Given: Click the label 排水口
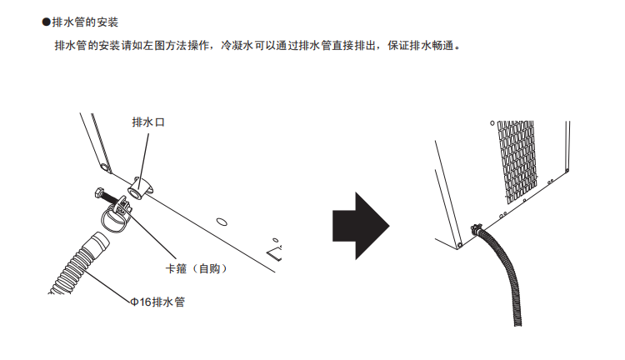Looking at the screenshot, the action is point(148,122).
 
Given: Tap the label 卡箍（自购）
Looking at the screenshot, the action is point(196,268).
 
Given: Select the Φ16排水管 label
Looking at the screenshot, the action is point(157,302).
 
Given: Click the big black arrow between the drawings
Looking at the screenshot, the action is point(361,226).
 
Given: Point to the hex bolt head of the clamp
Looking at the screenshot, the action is point(100,193).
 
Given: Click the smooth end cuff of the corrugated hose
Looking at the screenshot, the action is point(98,241).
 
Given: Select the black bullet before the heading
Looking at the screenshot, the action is point(46,22).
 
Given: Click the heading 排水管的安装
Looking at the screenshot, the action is point(85,22).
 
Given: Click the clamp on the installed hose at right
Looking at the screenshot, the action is point(477,229).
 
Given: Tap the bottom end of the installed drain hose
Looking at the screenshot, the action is point(517,323).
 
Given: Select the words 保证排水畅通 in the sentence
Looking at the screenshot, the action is point(421,46).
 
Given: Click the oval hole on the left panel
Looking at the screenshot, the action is point(222,222).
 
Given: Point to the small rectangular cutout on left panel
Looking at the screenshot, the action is point(276,252).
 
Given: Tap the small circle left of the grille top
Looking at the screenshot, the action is point(492,123).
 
